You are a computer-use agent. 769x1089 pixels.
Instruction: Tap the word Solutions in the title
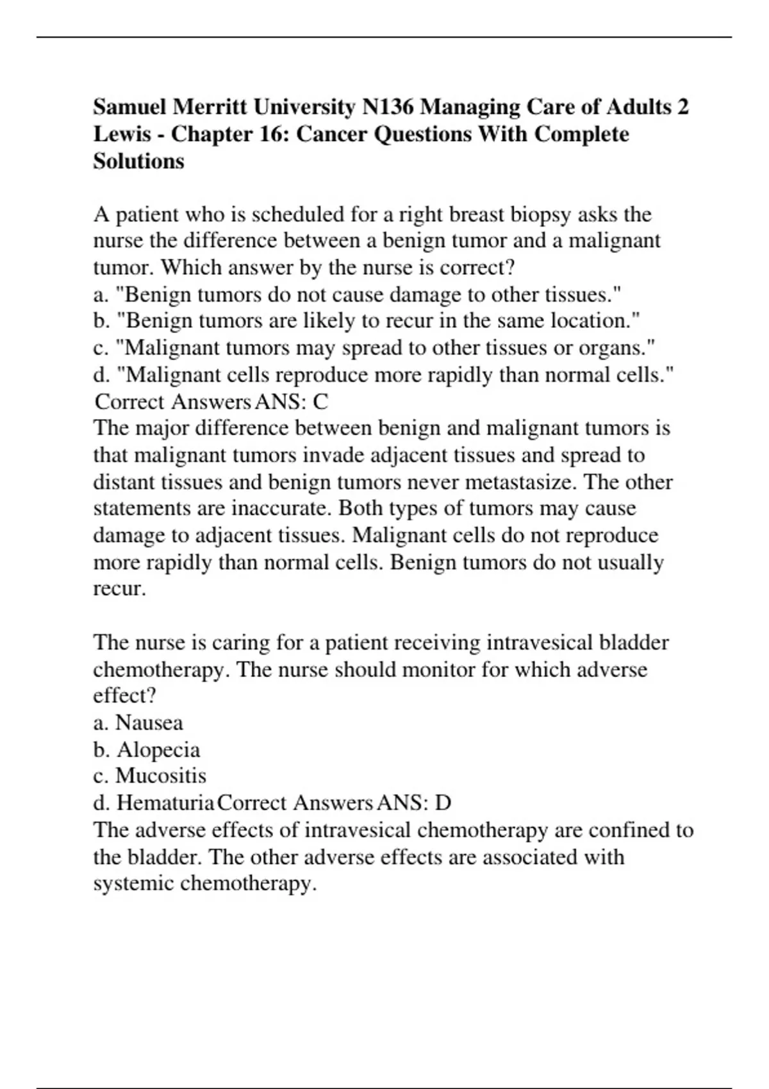[x=138, y=161]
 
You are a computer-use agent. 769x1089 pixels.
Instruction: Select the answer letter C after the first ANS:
[x=320, y=402]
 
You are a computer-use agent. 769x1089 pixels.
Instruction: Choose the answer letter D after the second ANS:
[x=443, y=803]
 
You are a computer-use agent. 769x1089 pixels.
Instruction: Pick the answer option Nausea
[x=149, y=723]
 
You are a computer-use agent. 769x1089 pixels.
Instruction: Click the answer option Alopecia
[x=158, y=749]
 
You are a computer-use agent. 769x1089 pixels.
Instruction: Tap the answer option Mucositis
[x=161, y=776]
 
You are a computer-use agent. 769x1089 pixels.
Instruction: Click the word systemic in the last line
[x=133, y=883]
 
